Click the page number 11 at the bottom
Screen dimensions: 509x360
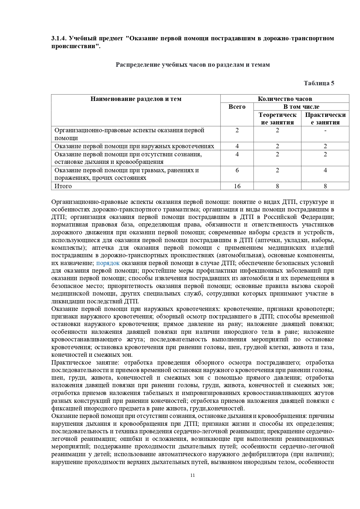[193, 475]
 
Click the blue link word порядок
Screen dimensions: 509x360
[108, 263]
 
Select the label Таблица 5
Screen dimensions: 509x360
[319, 83]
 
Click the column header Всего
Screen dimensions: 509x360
[237, 107]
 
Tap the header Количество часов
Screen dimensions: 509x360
[285, 99]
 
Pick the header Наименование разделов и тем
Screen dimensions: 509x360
[136, 99]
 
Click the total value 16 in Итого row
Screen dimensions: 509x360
[237, 186]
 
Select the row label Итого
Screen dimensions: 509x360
[63, 186]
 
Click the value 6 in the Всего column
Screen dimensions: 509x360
[237, 170]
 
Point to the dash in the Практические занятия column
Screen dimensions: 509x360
[325, 131]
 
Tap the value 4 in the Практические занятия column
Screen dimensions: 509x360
[325, 170]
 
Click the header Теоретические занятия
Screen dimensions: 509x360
[277, 119]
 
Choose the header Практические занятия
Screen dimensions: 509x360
[325, 119]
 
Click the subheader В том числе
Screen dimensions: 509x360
[301, 107]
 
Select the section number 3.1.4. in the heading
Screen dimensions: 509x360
[59, 38]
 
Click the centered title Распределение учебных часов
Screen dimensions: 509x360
[193, 65]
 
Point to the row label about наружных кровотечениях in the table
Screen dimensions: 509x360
[134, 146]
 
